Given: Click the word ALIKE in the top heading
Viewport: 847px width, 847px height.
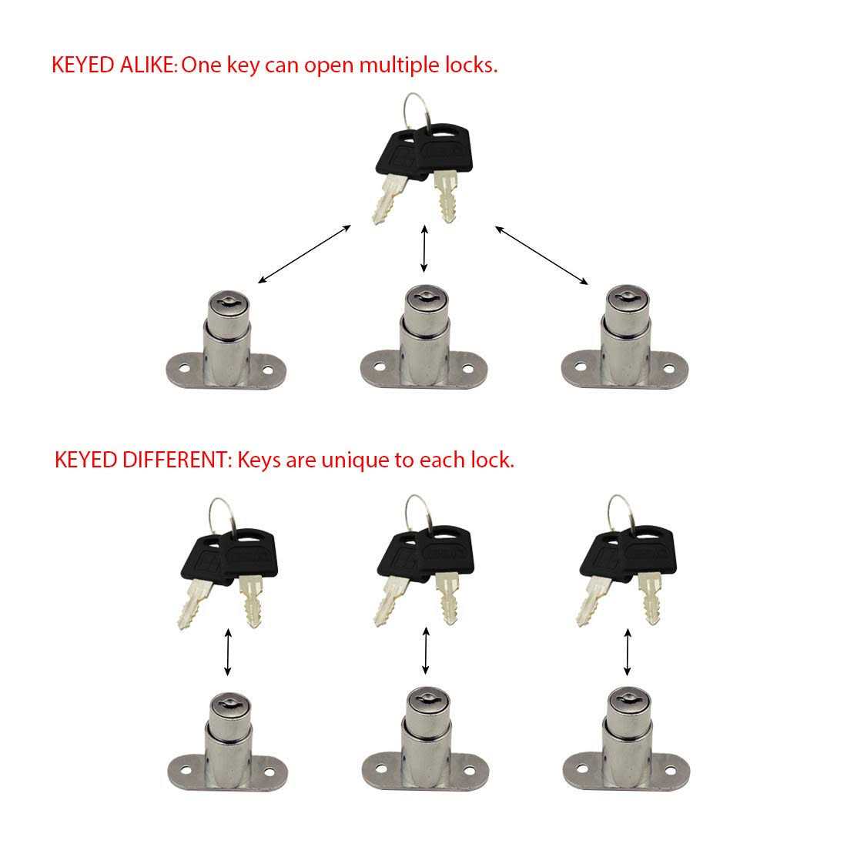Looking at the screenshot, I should [x=148, y=65].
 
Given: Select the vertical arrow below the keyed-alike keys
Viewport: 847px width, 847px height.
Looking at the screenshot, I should [x=423, y=249].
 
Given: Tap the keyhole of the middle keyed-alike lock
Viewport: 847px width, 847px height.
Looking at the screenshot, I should [x=423, y=295].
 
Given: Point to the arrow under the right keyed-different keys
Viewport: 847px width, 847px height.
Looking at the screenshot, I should [x=628, y=651].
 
